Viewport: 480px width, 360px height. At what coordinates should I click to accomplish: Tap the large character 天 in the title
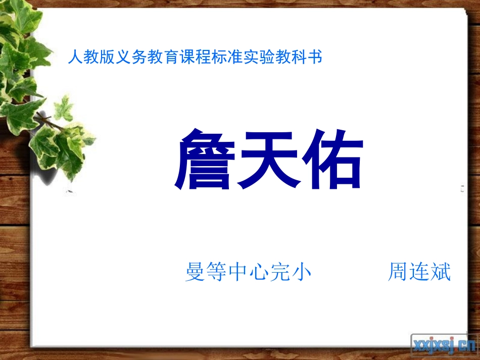coord(269,160)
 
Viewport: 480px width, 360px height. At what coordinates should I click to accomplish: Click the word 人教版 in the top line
coord(90,57)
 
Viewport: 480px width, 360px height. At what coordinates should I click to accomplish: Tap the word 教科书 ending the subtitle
coord(301,57)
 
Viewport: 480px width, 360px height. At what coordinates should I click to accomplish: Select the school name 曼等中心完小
coord(248,272)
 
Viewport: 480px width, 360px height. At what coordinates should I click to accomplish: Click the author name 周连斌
coord(419,272)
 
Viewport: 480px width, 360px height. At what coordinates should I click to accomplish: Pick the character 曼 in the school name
coord(195,272)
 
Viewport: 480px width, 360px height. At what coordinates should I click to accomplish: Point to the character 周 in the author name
coord(398,272)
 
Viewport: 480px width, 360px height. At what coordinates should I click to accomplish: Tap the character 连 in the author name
coord(419,272)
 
